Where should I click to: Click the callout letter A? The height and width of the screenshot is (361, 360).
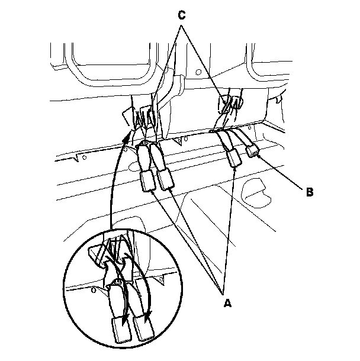coord(226,303)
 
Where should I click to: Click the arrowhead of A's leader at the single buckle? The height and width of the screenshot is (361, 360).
coord(236,166)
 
